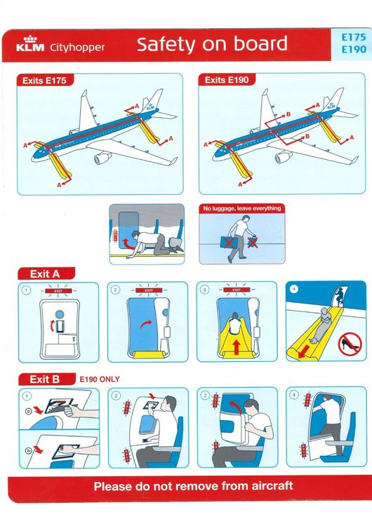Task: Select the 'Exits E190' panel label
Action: [226, 81]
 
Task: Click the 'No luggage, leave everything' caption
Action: [241, 208]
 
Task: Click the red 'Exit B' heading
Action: [45, 379]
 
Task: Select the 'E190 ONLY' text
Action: [99, 379]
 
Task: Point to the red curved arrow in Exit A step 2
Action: [145, 323]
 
